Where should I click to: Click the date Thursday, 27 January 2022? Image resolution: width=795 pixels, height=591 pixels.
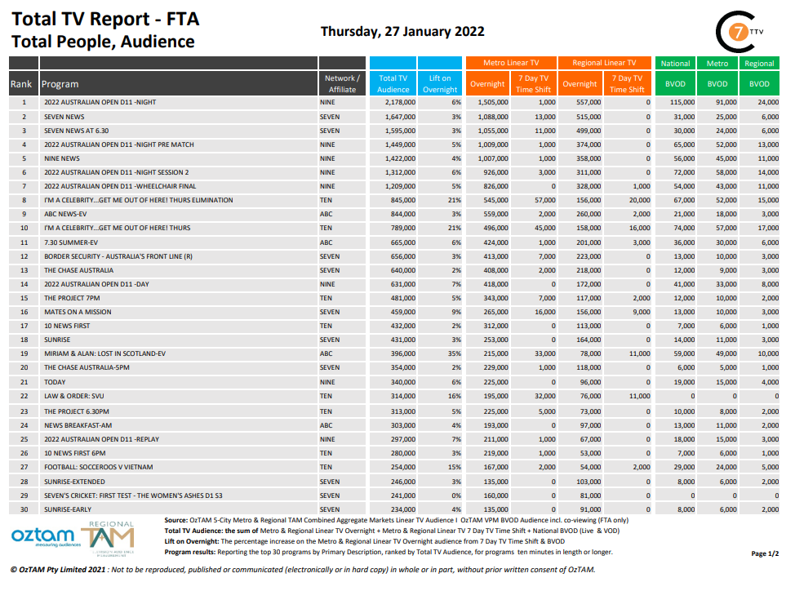402,32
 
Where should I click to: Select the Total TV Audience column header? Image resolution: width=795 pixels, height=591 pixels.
393,83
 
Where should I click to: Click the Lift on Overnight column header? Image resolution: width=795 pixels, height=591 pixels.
440,83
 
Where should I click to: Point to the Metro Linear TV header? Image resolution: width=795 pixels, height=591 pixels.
511,63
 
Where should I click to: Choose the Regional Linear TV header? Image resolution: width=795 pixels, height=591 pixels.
604,63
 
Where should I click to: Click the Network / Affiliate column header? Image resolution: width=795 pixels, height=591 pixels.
342,83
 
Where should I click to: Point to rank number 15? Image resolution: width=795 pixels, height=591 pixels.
24,298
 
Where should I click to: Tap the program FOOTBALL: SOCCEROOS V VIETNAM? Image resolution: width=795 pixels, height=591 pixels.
97,465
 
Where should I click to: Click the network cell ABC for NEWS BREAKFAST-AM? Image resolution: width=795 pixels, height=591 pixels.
326,424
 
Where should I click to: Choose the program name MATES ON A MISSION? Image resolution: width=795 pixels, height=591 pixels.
78,312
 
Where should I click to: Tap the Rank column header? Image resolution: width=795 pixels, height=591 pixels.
21,84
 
